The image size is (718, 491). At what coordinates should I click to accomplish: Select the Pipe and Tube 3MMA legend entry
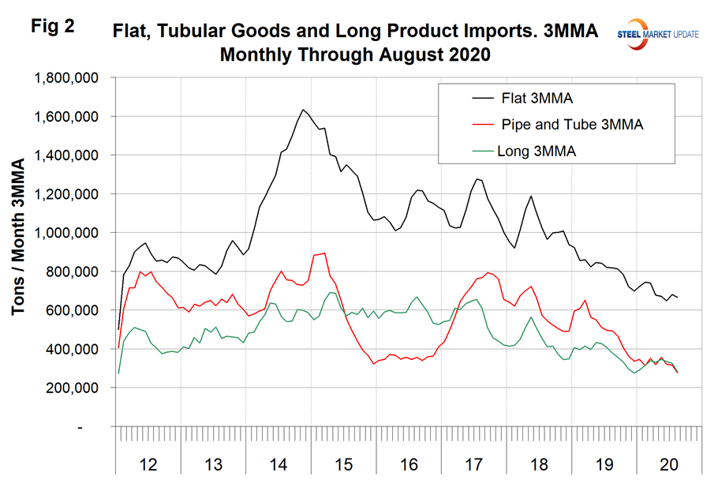pyautogui.click(x=560, y=124)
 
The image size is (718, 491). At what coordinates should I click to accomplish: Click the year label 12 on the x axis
pyautogui.click(x=148, y=465)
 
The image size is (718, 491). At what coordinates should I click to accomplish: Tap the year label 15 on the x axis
pyautogui.click(x=345, y=465)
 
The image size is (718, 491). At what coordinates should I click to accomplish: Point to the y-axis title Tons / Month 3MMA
pyautogui.click(x=18, y=237)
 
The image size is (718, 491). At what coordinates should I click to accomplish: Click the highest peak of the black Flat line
pyautogui.click(x=304, y=110)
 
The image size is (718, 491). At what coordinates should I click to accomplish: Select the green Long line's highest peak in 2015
pyautogui.click(x=331, y=292)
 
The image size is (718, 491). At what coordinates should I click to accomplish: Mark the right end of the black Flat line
pyautogui.click(x=678, y=297)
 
